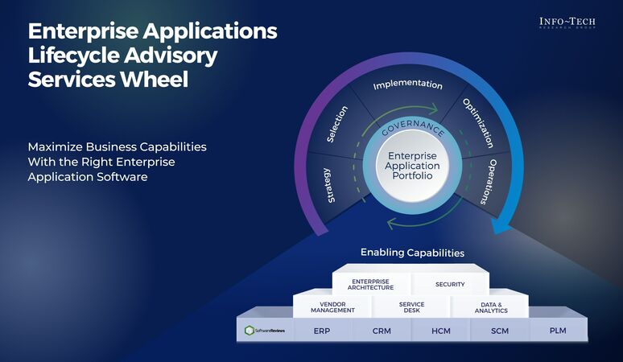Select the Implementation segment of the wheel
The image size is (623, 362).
pos(408,85)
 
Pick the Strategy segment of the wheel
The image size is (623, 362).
pos(326,184)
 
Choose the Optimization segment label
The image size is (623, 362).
pos(477,123)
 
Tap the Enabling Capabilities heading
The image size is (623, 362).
pos(412,253)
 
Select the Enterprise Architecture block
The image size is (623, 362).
pos(371,284)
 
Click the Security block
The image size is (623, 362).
pos(449,284)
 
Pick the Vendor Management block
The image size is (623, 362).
pos(332,306)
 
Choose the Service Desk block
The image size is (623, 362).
pos(411,306)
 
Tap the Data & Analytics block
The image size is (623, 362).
pos(489,306)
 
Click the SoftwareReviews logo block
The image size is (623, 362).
pos(265,330)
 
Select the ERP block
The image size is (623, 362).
pos(323,330)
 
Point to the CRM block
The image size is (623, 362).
pos(382,330)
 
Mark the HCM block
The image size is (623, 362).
pos(440,330)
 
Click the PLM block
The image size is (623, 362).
pos(558,330)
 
